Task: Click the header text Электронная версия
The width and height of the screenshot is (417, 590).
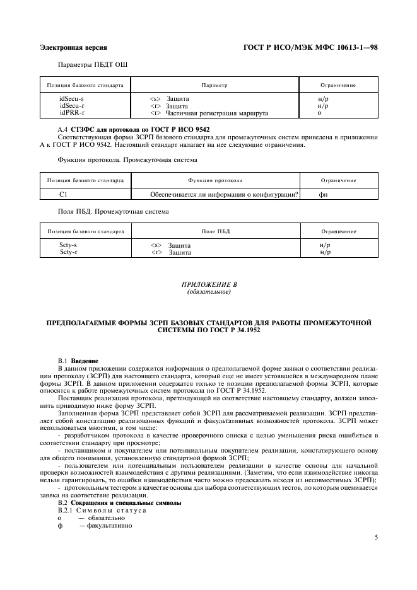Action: coord(73,47)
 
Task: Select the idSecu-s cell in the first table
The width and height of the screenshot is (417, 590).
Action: coord(71,99)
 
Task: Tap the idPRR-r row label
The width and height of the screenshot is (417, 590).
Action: coord(71,113)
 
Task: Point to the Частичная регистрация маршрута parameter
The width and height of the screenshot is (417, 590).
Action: coord(217,113)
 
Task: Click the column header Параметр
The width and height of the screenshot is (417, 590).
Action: coord(214,84)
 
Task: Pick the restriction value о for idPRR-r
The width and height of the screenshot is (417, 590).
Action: coord(320,113)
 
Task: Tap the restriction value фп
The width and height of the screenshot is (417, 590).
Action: coord(323,195)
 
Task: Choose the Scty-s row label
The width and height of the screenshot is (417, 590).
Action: coord(68,245)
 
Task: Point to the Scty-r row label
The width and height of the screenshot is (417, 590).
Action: coord(68,252)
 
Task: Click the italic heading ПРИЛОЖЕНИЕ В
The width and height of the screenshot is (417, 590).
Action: coord(209,286)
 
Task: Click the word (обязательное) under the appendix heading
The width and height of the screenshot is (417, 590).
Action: coord(209,292)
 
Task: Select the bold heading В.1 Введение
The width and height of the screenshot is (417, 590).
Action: coord(78,360)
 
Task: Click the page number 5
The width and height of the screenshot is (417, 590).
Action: coord(375,538)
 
